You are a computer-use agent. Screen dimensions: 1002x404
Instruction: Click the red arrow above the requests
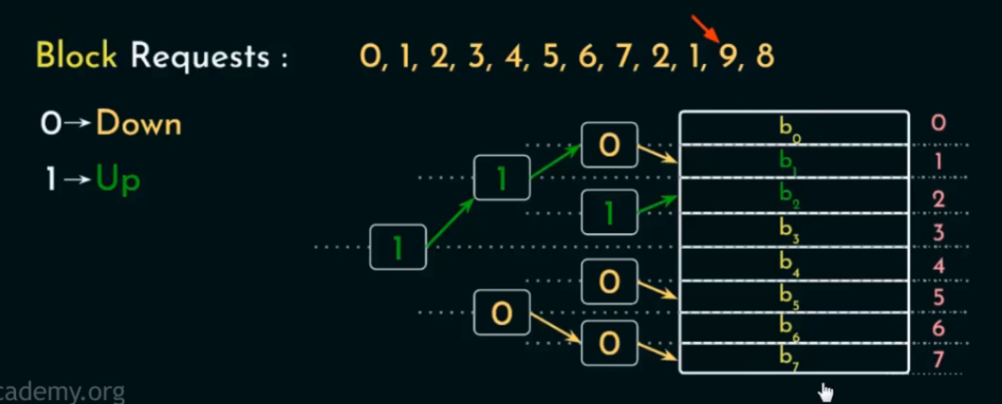(703, 28)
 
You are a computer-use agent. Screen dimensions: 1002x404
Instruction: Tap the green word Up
(117, 178)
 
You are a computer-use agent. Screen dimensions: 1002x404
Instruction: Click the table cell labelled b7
(794, 357)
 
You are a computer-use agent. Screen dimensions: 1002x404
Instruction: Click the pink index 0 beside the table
(938, 123)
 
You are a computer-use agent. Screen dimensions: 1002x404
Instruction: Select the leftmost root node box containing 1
(398, 247)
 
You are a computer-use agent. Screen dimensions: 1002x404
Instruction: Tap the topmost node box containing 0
(609, 146)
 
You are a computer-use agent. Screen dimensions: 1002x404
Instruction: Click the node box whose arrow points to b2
(609, 213)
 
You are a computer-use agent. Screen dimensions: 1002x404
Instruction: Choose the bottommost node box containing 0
(609, 344)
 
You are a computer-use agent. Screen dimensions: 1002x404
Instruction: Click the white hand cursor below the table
(826, 391)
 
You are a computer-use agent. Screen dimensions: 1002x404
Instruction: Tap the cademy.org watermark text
(62, 392)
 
